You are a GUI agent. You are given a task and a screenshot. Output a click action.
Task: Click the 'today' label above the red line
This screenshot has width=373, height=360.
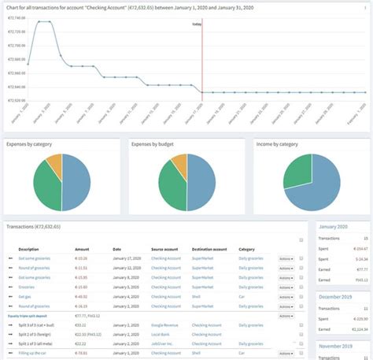[x=197, y=24]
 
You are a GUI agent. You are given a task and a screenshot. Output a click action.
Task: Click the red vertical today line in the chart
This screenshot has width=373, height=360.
[x=201, y=63]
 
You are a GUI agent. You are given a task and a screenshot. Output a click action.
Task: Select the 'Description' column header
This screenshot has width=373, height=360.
[x=39, y=248]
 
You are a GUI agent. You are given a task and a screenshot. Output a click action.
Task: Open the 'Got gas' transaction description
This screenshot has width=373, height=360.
[x=35, y=296]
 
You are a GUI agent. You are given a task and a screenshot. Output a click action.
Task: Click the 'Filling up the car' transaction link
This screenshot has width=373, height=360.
[x=44, y=353]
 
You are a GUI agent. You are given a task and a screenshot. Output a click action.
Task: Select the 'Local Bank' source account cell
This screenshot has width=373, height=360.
[x=163, y=334]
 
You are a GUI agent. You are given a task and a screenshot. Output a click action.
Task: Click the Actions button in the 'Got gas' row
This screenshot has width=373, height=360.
[x=286, y=296]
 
